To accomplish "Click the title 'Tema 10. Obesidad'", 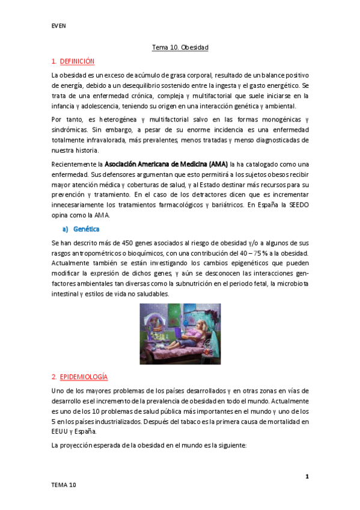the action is click(179, 47).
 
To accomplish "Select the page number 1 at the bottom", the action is click(307, 477).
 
